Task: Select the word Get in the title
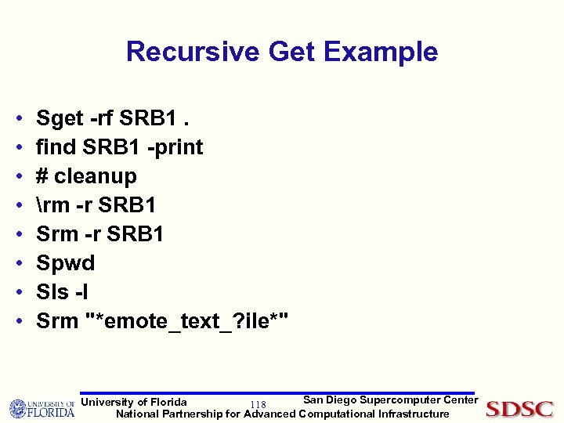pos(291,52)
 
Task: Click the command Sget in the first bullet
pos(60,118)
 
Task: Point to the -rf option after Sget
pos(101,118)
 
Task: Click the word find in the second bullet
pos(56,147)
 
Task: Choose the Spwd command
pos(66,263)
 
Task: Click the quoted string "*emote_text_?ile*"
pos(186,321)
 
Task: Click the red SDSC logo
pos(519,409)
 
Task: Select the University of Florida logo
pos(42,408)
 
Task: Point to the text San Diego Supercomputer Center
pos(390,400)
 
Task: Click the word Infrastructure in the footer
pos(414,414)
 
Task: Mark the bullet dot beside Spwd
pos(18,263)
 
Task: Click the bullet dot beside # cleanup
pos(18,176)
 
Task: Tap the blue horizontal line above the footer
pos(278,393)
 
